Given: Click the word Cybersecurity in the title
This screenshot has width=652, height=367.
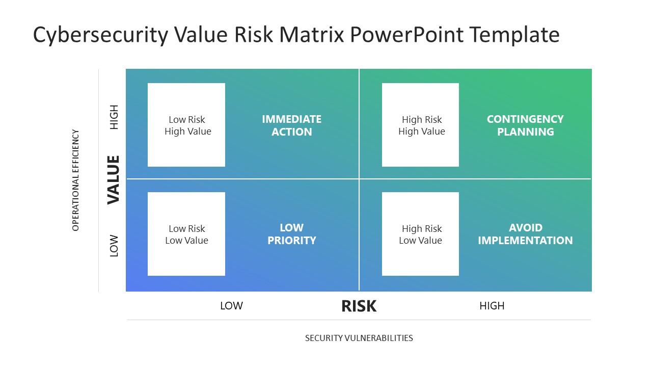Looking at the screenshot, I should [x=100, y=35].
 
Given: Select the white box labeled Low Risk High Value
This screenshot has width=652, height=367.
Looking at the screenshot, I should [x=186, y=125].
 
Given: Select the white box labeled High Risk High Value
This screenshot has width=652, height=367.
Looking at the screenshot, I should [x=420, y=125].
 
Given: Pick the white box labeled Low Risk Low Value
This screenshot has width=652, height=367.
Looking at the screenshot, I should [x=186, y=234].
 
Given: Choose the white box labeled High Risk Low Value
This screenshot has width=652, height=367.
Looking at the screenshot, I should [x=420, y=234].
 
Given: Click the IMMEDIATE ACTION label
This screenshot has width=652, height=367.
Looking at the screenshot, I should [x=291, y=125].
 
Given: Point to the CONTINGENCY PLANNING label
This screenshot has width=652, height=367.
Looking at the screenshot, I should [x=525, y=125].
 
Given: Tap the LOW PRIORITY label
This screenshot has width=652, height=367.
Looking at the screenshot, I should [x=291, y=234].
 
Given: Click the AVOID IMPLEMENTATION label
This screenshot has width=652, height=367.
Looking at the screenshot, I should [x=525, y=234].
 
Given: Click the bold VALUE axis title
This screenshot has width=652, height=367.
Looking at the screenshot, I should [x=113, y=180].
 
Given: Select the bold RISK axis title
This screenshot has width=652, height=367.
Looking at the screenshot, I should [x=359, y=306].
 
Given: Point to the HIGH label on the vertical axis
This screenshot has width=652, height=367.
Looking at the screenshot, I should [x=114, y=117].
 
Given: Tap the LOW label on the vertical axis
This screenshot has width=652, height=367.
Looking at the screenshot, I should [x=114, y=246].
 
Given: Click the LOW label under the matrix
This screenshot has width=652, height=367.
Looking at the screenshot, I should [x=231, y=306].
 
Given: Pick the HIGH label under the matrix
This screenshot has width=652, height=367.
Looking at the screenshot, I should [x=492, y=306].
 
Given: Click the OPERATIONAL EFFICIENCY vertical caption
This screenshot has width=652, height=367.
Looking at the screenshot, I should [x=75, y=180].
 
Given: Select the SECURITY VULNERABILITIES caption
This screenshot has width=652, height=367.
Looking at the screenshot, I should [x=359, y=338].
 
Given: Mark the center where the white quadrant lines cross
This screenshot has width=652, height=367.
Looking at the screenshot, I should [x=359, y=179].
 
